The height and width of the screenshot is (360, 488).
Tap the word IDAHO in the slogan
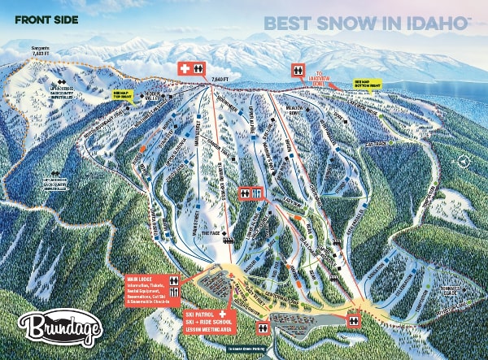[x=427, y=23]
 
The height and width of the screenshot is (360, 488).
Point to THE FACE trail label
[x=211, y=234]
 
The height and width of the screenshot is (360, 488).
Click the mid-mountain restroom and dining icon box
[x=251, y=193]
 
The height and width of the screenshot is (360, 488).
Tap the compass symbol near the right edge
[x=464, y=161]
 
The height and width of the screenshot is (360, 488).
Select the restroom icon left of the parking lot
[x=264, y=327]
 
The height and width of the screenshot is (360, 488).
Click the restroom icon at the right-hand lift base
[x=354, y=322]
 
